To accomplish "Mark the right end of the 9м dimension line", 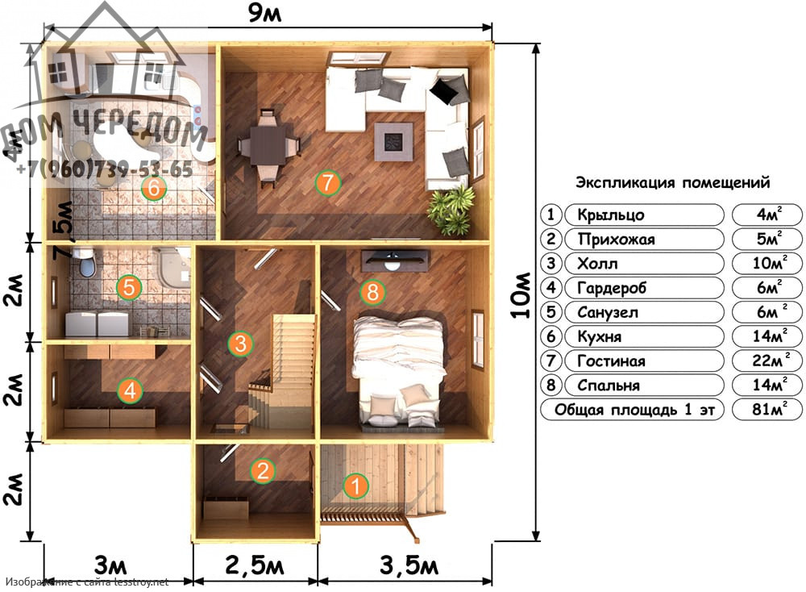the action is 492,27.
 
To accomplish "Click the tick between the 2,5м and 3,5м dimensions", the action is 318,582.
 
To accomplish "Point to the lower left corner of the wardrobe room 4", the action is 48,440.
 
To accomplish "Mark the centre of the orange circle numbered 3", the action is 240,343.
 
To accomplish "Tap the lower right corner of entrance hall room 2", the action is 316,537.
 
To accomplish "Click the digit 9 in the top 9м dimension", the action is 256,12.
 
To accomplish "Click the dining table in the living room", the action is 268,145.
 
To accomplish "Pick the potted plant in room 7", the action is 451,210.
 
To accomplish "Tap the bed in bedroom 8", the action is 399,371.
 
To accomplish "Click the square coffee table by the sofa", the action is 394,141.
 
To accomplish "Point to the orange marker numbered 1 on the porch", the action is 355,486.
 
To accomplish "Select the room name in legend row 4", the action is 611,287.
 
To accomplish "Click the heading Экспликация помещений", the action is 672,182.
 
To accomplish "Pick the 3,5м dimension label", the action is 409,565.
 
